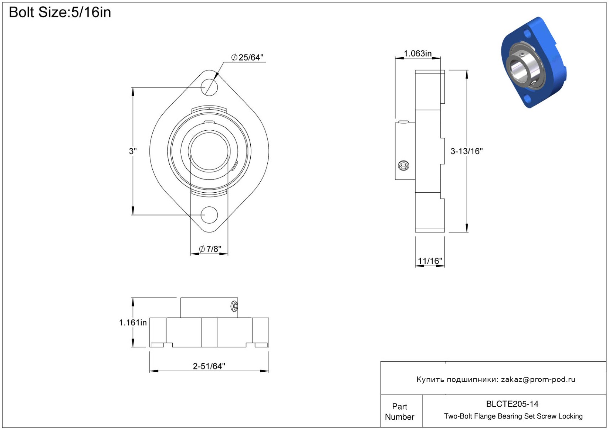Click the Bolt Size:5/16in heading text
click(x=60, y=12)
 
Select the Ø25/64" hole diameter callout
click(x=247, y=57)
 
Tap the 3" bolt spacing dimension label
click(x=133, y=151)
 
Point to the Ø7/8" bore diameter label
click(x=210, y=249)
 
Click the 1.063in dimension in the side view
click(x=417, y=54)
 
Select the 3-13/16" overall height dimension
click(x=467, y=151)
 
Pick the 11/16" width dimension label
click(x=430, y=261)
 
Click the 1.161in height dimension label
click(x=133, y=323)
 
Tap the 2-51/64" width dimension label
click(x=209, y=366)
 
